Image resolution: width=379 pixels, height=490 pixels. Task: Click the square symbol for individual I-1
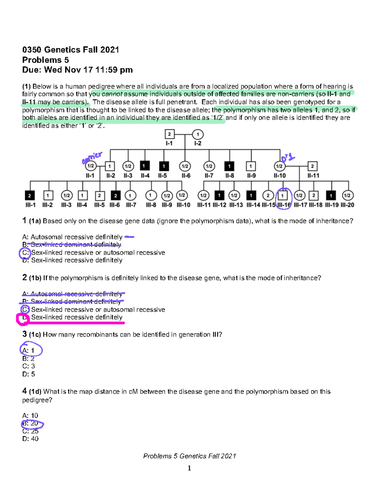coord(169,134)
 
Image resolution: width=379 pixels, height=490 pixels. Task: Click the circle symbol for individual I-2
coord(198,134)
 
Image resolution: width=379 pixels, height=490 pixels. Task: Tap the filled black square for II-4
coord(145,166)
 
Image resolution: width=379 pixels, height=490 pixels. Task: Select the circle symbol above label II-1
coord(90,166)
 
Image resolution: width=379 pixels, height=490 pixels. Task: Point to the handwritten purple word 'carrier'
coord(92,157)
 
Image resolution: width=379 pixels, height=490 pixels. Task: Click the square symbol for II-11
coord(312,166)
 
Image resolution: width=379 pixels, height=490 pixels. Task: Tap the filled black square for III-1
coord(30,196)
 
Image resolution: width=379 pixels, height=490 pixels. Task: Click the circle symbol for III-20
coord(347,196)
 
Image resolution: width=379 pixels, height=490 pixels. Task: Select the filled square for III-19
coord(331,196)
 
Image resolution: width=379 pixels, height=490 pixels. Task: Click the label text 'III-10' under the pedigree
coord(183,205)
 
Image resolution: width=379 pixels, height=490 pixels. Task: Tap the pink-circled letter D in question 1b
coord(23,318)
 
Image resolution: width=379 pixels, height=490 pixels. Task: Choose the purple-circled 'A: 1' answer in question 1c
coord(30,350)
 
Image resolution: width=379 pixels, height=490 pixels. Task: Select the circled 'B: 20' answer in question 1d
coord(32,424)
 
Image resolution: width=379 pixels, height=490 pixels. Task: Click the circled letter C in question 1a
coord(25,253)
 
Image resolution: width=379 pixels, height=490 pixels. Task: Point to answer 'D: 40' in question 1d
coord(30,439)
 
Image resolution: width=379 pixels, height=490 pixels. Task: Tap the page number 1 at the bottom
coord(189,468)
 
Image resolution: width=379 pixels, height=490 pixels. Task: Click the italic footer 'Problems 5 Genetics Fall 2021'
coord(189,456)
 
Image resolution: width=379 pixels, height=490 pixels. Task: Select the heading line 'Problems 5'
coord(45,60)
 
